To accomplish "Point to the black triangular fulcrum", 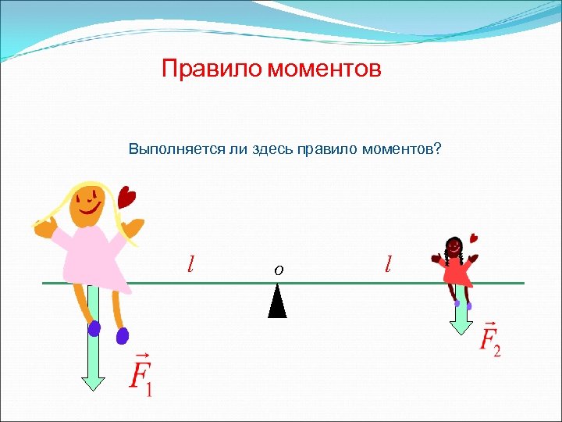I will pos(277,302).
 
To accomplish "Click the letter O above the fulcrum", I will pos(278,270).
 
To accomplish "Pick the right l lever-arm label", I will pos(388,263).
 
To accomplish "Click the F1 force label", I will pos(140,374).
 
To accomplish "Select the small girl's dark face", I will pos(453,247).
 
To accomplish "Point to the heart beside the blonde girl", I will pos(126,195).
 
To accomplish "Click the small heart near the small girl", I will pos(473,238).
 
